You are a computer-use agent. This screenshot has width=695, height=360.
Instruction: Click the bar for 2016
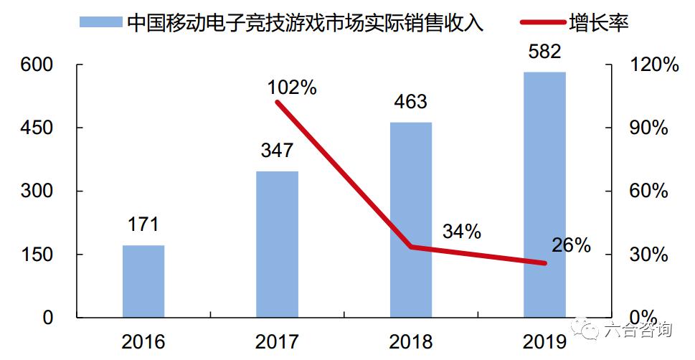(143, 281)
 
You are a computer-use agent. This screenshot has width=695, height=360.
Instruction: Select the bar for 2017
(277, 244)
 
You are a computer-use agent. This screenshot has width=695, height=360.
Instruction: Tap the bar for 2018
(411, 219)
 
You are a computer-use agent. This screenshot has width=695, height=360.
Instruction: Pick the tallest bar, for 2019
(544, 194)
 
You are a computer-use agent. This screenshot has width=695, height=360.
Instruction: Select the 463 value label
(411, 101)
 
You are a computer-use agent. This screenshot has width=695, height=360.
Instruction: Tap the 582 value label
(544, 52)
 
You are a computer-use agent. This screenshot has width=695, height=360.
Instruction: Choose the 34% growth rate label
(462, 232)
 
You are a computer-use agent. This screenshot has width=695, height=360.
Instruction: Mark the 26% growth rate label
(571, 245)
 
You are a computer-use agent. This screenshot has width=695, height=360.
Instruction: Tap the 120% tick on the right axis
(653, 65)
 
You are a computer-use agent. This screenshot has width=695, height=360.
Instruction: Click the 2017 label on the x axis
(277, 341)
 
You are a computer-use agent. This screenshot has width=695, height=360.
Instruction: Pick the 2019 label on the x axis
(544, 341)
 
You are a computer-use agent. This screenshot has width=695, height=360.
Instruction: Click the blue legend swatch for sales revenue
(100, 22)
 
